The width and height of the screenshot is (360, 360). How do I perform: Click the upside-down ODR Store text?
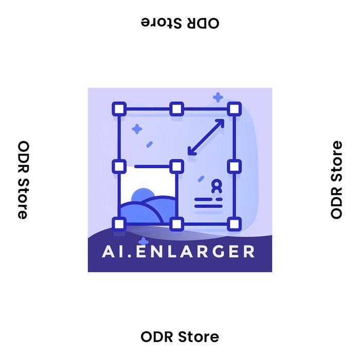180,23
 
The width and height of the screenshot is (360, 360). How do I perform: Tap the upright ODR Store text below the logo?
180,337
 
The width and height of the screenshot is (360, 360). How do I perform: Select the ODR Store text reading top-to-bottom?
23,180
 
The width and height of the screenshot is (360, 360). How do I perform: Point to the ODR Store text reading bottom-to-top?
336,180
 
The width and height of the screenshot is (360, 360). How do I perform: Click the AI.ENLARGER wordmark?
178,251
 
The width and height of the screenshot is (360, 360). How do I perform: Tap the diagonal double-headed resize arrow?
206,137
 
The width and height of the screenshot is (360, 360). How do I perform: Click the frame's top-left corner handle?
119,109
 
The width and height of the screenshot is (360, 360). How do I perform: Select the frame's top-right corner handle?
234,109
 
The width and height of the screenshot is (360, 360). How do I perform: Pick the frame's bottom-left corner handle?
119,224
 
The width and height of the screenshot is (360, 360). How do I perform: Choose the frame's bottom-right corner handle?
234,224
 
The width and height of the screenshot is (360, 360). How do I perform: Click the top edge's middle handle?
176,109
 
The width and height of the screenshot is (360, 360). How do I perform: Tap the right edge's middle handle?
234,167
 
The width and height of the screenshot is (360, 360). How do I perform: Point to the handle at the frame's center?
176,167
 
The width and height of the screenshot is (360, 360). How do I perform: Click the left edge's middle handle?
119,167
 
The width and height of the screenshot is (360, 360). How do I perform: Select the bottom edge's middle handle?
176,224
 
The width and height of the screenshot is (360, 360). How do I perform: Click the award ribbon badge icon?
217,186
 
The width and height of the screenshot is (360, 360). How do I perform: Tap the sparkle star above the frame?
218,97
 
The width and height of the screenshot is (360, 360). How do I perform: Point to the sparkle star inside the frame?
137,129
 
